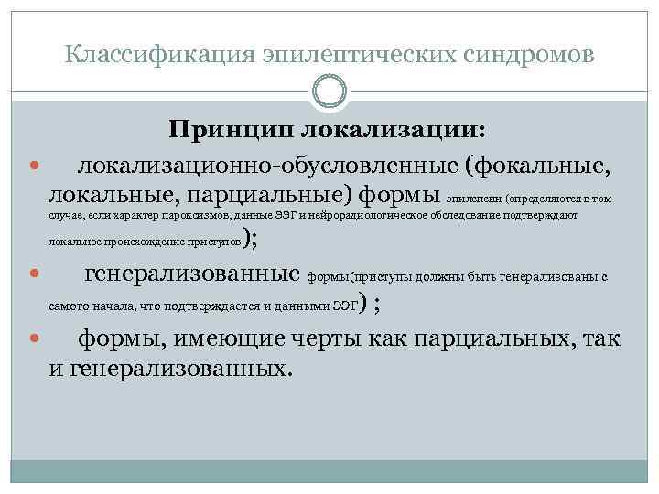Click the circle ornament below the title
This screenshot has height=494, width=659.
click(329, 91)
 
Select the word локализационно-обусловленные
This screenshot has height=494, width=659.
click(266, 166)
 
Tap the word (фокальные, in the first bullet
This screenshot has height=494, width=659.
click(535, 166)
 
